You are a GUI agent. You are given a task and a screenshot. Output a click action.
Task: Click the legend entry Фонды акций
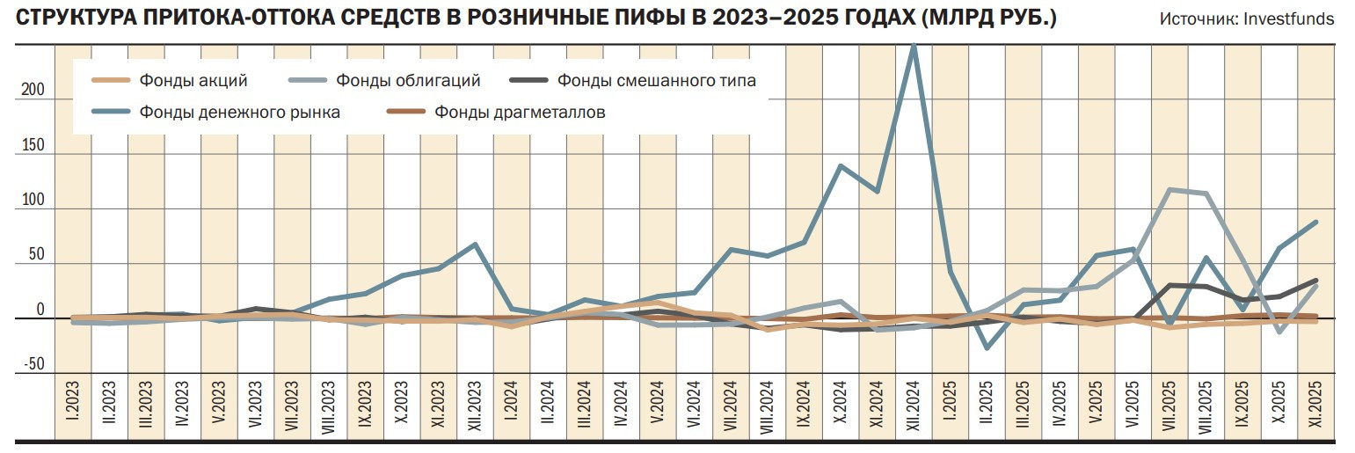click(x=193, y=81)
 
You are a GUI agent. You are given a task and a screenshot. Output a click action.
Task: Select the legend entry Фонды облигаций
click(x=408, y=81)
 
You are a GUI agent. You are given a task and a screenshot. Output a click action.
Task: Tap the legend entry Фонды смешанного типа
click(x=656, y=81)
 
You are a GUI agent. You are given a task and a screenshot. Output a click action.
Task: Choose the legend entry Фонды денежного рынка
click(x=239, y=112)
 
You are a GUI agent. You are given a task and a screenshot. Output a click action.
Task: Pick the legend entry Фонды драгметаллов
click(x=520, y=112)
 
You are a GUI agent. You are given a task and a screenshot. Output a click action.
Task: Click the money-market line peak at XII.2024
click(x=914, y=46)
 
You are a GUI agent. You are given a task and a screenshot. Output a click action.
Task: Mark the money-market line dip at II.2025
click(x=987, y=348)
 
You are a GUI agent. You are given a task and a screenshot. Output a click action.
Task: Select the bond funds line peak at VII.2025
click(x=1169, y=189)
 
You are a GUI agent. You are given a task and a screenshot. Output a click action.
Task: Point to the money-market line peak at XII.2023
click(x=475, y=245)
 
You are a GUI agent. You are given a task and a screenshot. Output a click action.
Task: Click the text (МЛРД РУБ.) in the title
click(x=989, y=18)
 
